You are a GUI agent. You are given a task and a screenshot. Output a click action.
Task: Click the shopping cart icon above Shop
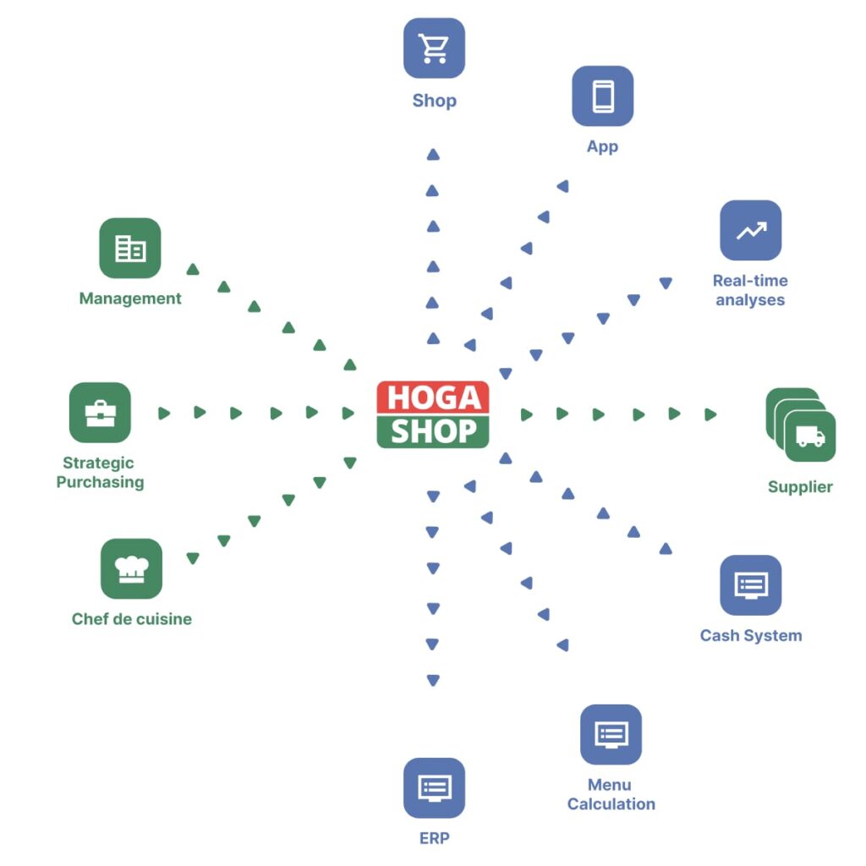click(434, 48)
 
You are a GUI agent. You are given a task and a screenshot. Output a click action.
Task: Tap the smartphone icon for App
click(602, 96)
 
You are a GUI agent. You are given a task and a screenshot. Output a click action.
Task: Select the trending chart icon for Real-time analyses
click(750, 230)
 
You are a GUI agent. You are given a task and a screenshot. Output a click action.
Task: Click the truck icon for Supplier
click(810, 436)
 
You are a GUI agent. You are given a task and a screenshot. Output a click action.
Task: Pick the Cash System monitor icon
click(750, 585)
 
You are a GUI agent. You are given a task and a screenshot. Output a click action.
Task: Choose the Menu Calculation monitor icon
click(611, 734)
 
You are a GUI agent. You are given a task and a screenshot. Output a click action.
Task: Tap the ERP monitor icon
click(434, 788)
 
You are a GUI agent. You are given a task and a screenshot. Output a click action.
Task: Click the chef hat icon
click(131, 568)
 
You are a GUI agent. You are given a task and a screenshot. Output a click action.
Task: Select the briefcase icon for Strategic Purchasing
click(100, 413)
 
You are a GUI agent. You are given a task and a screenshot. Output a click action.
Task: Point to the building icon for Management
click(129, 249)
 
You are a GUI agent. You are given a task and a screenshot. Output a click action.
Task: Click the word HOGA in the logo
click(432, 397)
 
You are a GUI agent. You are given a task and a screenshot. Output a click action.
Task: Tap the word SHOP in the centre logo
click(432, 432)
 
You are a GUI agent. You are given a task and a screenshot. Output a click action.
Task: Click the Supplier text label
click(800, 487)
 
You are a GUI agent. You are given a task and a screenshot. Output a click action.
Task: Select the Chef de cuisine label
click(131, 619)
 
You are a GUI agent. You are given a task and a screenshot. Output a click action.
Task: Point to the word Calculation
click(611, 804)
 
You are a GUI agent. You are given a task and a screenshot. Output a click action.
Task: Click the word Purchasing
click(100, 483)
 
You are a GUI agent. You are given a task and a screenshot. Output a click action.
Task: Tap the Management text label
click(129, 299)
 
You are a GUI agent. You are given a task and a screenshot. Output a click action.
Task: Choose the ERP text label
click(434, 839)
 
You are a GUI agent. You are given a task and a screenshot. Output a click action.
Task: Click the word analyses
click(750, 300)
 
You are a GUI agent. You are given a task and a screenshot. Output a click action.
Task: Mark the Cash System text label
click(750, 636)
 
